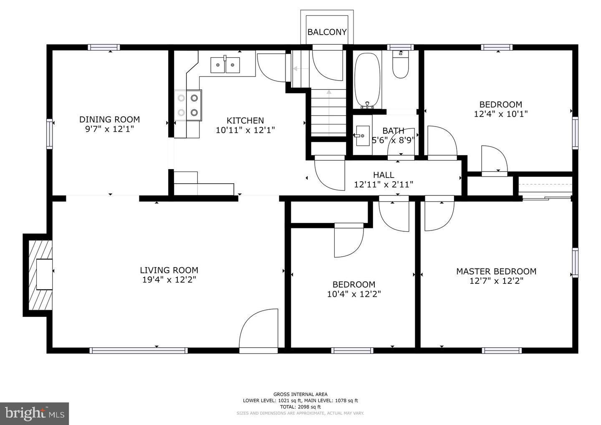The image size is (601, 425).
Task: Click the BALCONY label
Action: click(x=327, y=32)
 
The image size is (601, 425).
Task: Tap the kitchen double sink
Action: click(x=225, y=65)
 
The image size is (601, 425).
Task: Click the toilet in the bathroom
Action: click(x=401, y=66)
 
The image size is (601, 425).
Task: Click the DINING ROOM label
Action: click(x=109, y=119)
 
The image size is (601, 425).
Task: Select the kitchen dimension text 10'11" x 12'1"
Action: click(x=245, y=130)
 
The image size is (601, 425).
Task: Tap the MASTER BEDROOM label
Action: click(x=496, y=271)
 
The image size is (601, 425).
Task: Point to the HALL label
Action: click(x=383, y=175)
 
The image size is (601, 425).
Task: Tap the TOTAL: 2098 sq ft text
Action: click(x=300, y=407)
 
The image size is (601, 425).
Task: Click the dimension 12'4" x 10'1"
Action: click(x=500, y=114)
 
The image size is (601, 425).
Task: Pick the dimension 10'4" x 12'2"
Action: click(x=354, y=294)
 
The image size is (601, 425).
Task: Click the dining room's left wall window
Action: click(x=50, y=134)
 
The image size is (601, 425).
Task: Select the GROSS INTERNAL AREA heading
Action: click(x=300, y=394)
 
